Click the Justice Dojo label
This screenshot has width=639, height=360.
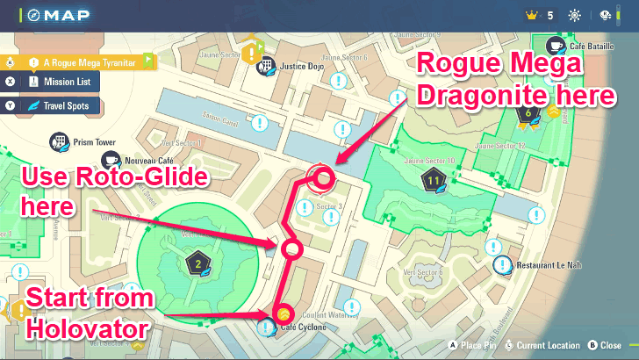(x=303, y=65)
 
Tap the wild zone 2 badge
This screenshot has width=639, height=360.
(x=198, y=263)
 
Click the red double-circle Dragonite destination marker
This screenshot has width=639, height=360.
(x=322, y=177)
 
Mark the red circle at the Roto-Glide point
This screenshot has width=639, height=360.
(x=291, y=249)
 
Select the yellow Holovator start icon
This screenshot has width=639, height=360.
(x=283, y=313)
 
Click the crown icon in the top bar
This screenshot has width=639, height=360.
(x=529, y=15)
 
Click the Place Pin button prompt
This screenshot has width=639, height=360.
(x=476, y=345)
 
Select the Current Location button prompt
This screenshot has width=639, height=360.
(x=544, y=345)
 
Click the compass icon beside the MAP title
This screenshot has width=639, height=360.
(x=31, y=15)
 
